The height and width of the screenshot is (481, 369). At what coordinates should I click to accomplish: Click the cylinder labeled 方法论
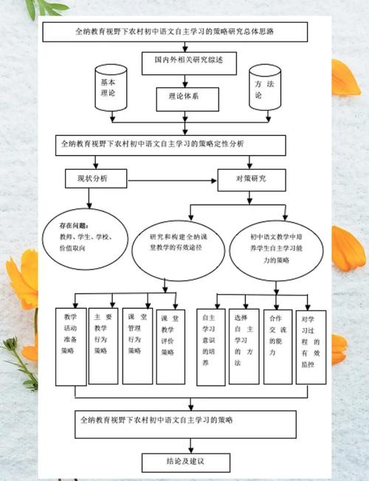266,89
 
